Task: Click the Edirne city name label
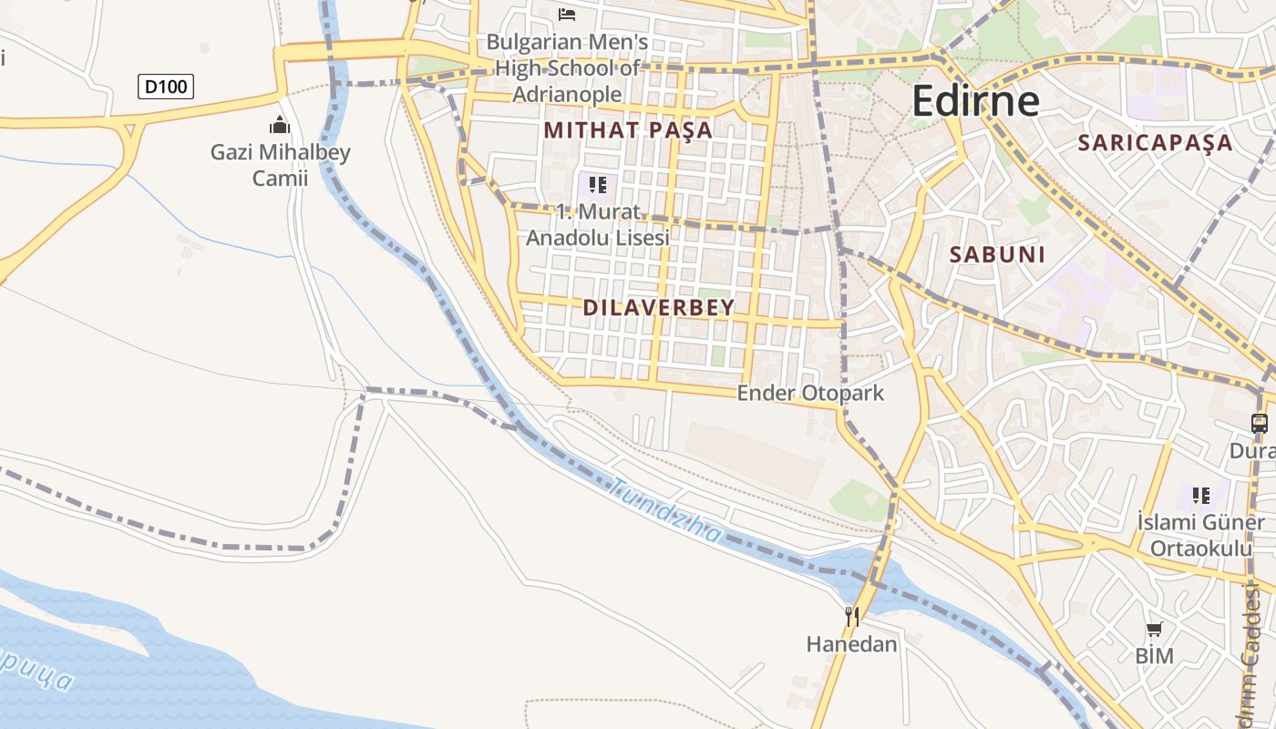pos(975,100)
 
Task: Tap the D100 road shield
pos(166,87)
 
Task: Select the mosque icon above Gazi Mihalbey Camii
pos(280,124)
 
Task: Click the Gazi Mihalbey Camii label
pos(280,165)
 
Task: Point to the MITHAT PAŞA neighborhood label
pos(628,130)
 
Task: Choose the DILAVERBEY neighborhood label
pos(658,307)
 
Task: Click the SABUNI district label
pos(997,254)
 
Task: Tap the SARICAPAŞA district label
pos(1155,142)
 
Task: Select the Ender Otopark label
pos(810,394)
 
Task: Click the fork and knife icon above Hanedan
pos(851,617)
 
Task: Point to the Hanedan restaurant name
pos(851,644)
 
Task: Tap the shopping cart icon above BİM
pos(1154,629)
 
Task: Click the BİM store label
pos(1154,655)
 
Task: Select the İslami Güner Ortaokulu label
pos(1200,535)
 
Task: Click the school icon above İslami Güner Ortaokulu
pos(1201,496)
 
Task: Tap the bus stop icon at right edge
pos(1259,423)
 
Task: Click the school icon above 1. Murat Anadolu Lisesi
pos(597,186)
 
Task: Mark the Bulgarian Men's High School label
pos(567,68)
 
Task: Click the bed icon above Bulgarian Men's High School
pos(567,14)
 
